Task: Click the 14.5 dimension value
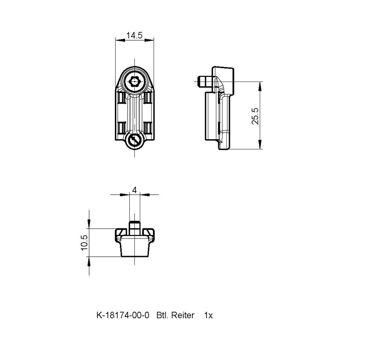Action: click(134, 36)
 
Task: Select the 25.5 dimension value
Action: click(255, 116)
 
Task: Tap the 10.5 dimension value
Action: click(84, 243)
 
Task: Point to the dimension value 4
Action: click(135, 190)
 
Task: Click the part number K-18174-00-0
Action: click(123, 315)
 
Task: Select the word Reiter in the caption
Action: click(183, 315)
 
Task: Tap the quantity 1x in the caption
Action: click(208, 315)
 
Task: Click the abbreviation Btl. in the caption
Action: click(162, 315)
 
